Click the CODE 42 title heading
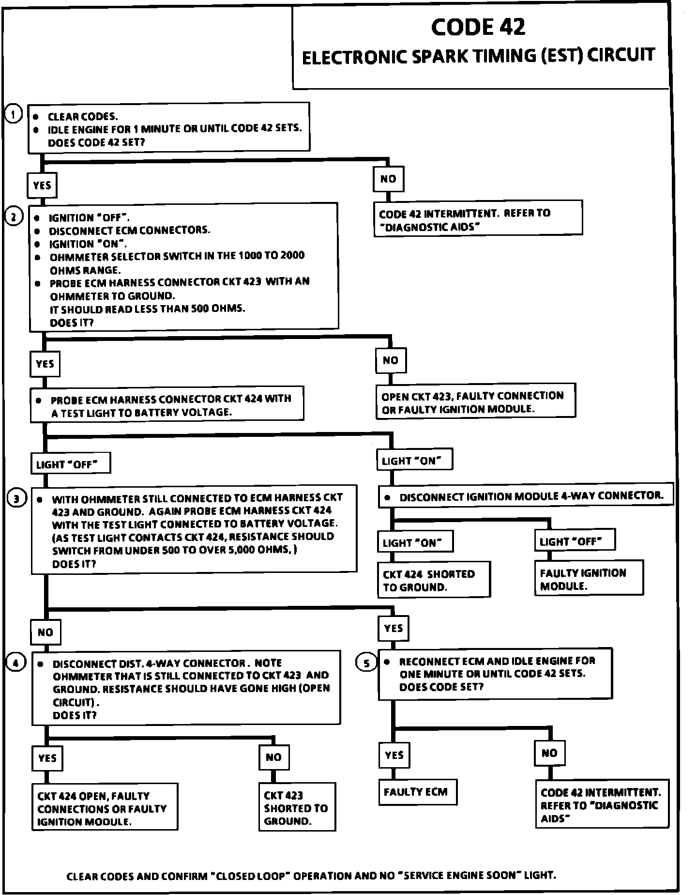(x=478, y=27)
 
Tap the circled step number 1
(x=14, y=115)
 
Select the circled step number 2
(x=14, y=217)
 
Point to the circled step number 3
(x=16, y=499)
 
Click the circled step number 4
(x=16, y=663)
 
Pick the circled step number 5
(x=366, y=663)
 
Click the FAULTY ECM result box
(x=417, y=792)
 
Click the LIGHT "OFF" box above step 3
(x=70, y=464)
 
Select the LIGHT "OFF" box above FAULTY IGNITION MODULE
(x=575, y=541)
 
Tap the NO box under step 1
(x=388, y=179)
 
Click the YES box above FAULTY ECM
(x=394, y=755)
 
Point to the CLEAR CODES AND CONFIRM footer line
(x=311, y=875)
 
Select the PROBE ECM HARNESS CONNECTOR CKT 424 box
(x=167, y=405)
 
